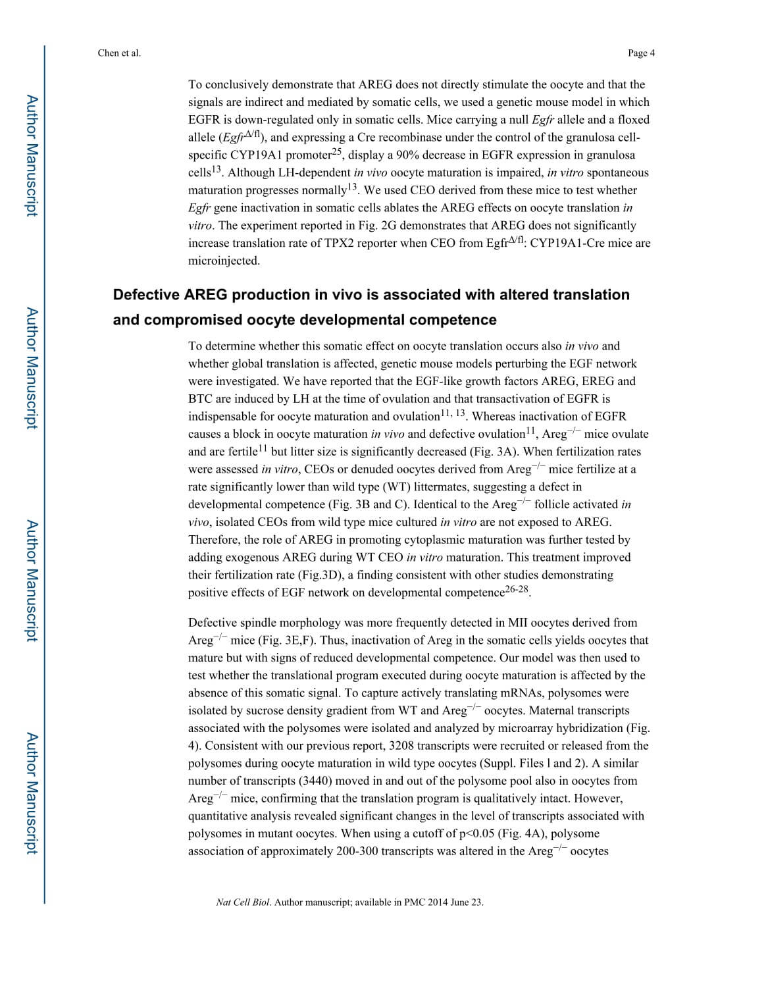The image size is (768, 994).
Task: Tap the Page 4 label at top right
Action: pyautogui.click(x=641, y=53)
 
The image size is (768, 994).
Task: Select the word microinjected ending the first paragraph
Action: pyautogui.click(x=224, y=261)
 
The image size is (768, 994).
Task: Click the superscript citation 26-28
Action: pyautogui.click(x=517, y=590)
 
